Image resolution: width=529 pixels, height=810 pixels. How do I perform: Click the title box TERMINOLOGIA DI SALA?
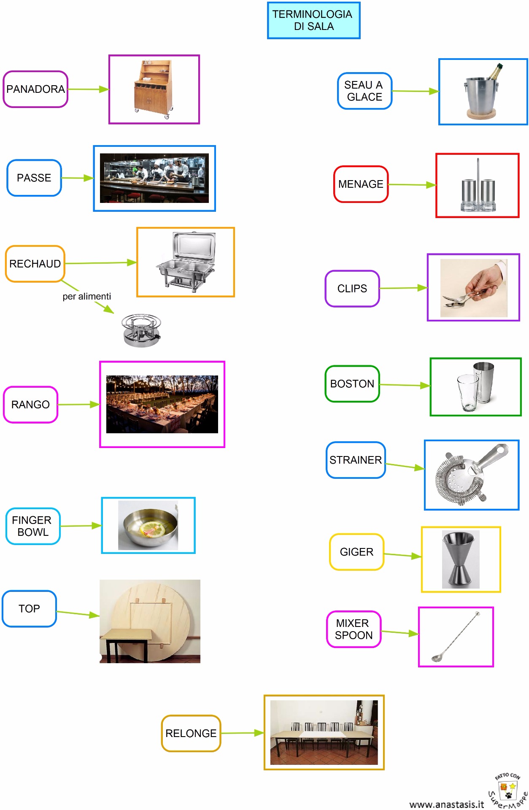coord(313,20)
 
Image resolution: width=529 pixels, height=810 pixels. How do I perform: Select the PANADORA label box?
coord(35,89)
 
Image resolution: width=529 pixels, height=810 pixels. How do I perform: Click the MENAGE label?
coord(361,184)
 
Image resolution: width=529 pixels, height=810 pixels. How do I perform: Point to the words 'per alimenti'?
coord(86,296)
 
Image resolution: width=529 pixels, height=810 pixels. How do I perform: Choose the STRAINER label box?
coord(356,460)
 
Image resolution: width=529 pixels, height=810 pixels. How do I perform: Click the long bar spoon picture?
coord(456,637)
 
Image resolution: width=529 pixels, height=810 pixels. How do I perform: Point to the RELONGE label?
coord(191,733)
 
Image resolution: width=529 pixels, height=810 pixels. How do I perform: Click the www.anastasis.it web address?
coord(446,804)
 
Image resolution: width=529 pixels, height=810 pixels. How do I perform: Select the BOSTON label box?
coord(352,383)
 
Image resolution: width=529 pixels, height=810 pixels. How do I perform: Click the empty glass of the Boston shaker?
coord(468,392)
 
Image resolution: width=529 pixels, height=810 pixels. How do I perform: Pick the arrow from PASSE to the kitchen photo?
coord(77,178)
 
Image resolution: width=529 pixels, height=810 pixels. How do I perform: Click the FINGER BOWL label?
coord(32,526)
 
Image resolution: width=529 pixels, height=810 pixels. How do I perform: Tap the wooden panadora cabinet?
coord(154,89)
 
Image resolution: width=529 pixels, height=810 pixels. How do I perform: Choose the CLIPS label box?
coord(352,289)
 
